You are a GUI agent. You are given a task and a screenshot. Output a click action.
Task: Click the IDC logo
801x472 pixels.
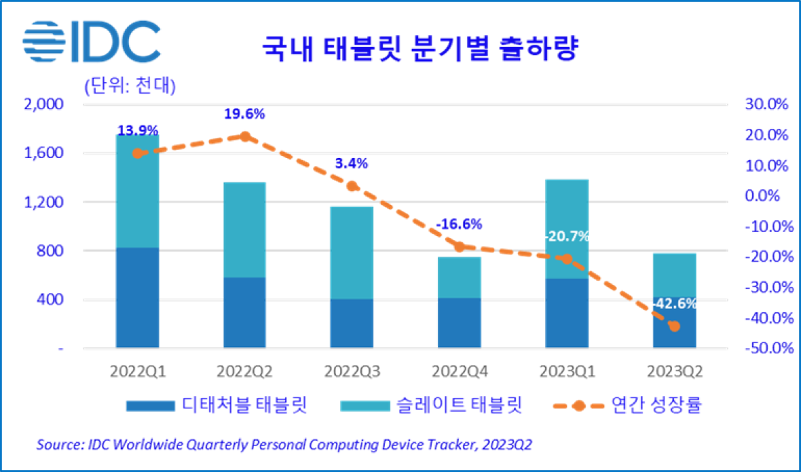[x=91, y=42]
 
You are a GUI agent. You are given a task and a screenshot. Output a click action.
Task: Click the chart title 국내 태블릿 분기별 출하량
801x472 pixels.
[x=419, y=49]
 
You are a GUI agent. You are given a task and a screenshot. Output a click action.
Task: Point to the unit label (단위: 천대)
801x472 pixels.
[x=128, y=86]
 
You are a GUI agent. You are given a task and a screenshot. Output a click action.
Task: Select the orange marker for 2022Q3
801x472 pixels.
[x=352, y=186]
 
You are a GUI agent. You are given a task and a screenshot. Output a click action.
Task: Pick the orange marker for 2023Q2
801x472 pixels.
[x=674, y=326]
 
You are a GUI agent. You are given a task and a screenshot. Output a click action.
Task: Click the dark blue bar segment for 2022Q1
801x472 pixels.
[x=137, y=298]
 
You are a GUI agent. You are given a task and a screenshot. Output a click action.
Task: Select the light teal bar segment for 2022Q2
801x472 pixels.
[x=244, y=229]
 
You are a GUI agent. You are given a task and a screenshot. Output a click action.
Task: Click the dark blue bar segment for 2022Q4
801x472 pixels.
[x=460, y=323]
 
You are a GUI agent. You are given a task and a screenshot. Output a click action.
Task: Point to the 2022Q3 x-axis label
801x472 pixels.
[x=352, y=371]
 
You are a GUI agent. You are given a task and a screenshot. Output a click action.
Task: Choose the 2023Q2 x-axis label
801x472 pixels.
[x=674, y=371]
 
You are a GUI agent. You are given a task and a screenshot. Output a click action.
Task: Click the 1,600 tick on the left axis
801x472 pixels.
[x=46, y=153]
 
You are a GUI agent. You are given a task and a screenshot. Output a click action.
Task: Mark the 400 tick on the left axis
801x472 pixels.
[x=51, y=300]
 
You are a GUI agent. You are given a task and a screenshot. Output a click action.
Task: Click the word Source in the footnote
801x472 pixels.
[x=57, y=445]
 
